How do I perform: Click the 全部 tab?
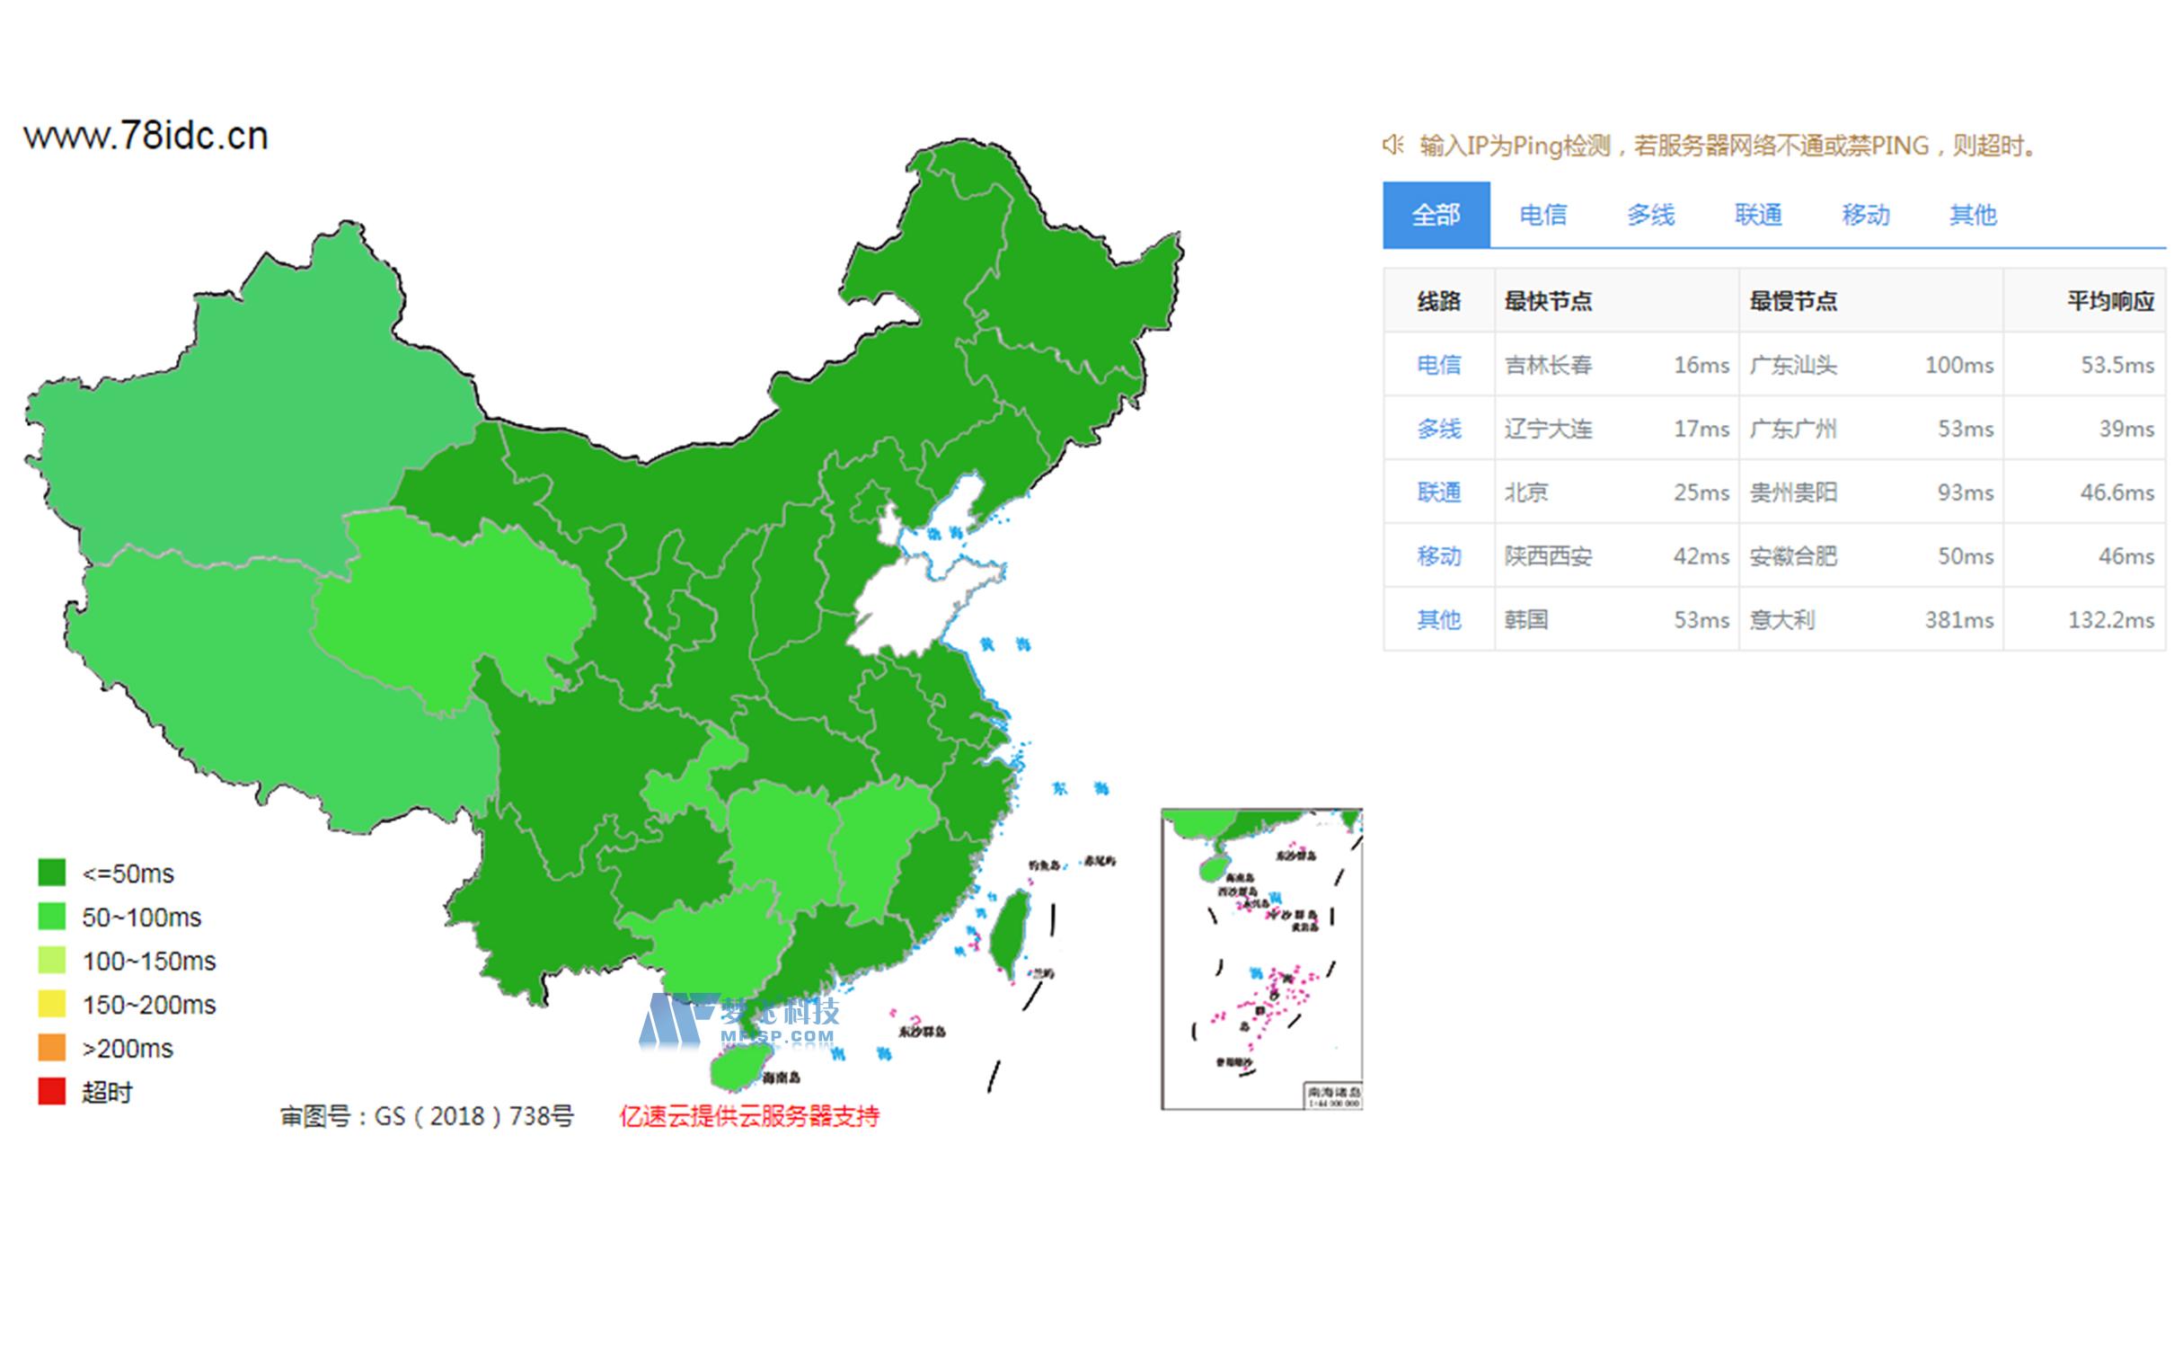click(x=1436, y=215)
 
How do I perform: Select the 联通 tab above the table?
click(x=1758, y=215)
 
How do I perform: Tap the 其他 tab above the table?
click(x=1973, y=215)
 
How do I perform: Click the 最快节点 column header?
click(x=1548, y=301)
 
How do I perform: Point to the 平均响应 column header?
click(x=2110, y=301)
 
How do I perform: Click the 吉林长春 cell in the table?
click(x=1548, y=365)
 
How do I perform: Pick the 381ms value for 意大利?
click(x=1958, y=620)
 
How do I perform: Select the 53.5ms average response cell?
click(x=2117, y=365)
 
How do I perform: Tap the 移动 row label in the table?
click(x=1438, y=556)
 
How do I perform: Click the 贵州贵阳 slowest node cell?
click(x=1793, y=492)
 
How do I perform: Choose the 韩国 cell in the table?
click(x=1526, y=620)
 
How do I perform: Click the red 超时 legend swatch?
click(x=52, y=1091)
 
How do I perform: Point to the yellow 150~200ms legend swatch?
click(x=52, y=1004)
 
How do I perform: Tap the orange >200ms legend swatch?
click(x=52, y=1048)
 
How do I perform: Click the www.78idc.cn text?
click(x=146, y=137)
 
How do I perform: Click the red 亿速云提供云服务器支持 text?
click(x=749, y=1116)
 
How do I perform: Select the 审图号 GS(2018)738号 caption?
click(x=427, y=1116)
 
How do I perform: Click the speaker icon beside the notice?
click(x=1392, y=145)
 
